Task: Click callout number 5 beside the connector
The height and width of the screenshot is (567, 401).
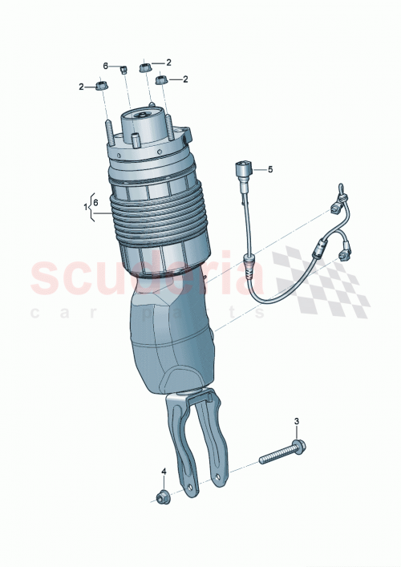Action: [270, 169]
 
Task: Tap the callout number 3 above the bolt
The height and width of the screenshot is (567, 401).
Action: [296, 422]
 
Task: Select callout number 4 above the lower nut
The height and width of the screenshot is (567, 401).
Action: [164, 471]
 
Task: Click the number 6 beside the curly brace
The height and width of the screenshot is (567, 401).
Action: [97, 204]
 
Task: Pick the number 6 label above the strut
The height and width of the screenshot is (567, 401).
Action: [105, 65]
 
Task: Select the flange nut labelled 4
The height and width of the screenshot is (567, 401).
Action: [163, 496]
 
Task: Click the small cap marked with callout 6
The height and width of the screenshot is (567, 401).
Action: [124, 70]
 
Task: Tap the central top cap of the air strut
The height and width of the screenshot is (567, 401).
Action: [142, 124]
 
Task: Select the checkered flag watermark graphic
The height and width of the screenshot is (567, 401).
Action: [329, 277]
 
